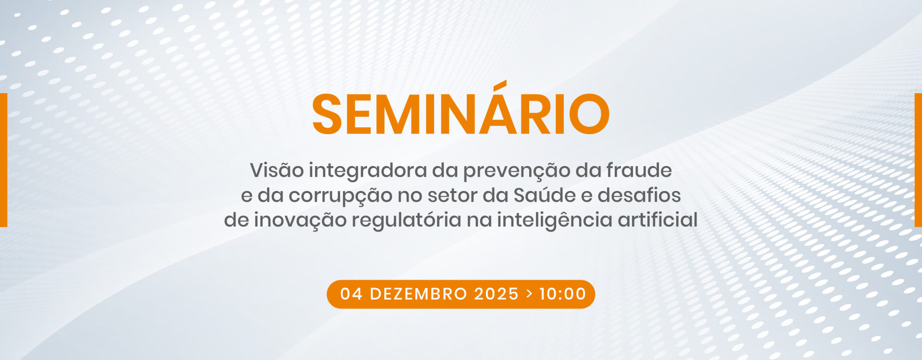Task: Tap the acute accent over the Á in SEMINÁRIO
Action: pos(501,85)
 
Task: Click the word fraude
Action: pos(639,170)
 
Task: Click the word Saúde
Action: pos(545,195)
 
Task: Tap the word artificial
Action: pos(657,219)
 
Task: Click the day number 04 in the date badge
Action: pos(352,294)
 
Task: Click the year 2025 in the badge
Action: pos(497,294)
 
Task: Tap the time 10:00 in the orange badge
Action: pos(562,294)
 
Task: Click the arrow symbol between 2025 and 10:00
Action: pos(529,294)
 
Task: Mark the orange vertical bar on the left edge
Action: pos(3,160)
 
